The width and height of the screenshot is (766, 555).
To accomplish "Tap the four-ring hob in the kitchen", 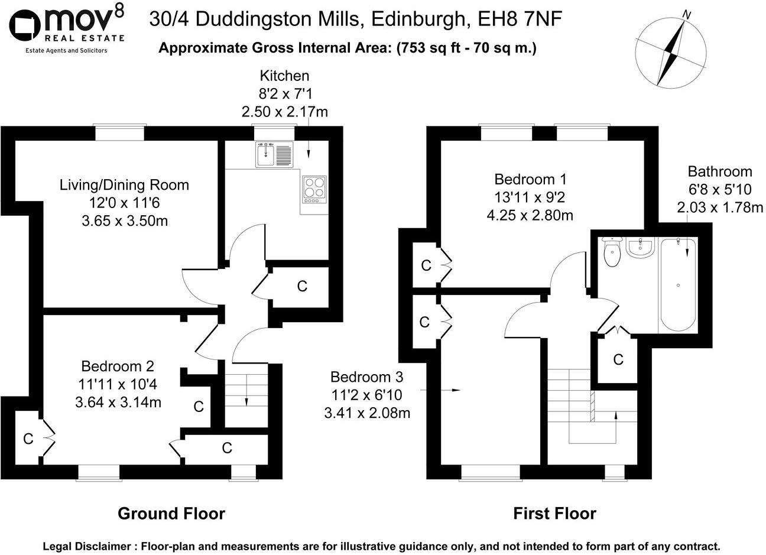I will (314, 187).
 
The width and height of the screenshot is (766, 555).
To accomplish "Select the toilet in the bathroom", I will (611, 253).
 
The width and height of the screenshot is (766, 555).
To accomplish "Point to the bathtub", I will (678, 284).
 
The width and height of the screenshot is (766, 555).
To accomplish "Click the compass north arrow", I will (673, 50).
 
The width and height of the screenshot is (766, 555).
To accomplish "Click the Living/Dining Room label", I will (124, 185).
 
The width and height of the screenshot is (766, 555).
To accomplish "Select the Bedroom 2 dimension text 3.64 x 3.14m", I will (118, 403).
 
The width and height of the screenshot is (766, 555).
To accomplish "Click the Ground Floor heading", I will (171, 513).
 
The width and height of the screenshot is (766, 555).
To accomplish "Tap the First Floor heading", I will (554, 513).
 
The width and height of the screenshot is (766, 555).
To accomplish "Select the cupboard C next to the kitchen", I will (302, 287).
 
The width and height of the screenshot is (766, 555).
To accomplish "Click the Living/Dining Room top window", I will (121, 132).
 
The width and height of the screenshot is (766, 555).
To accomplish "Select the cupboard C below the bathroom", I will (618, 359).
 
